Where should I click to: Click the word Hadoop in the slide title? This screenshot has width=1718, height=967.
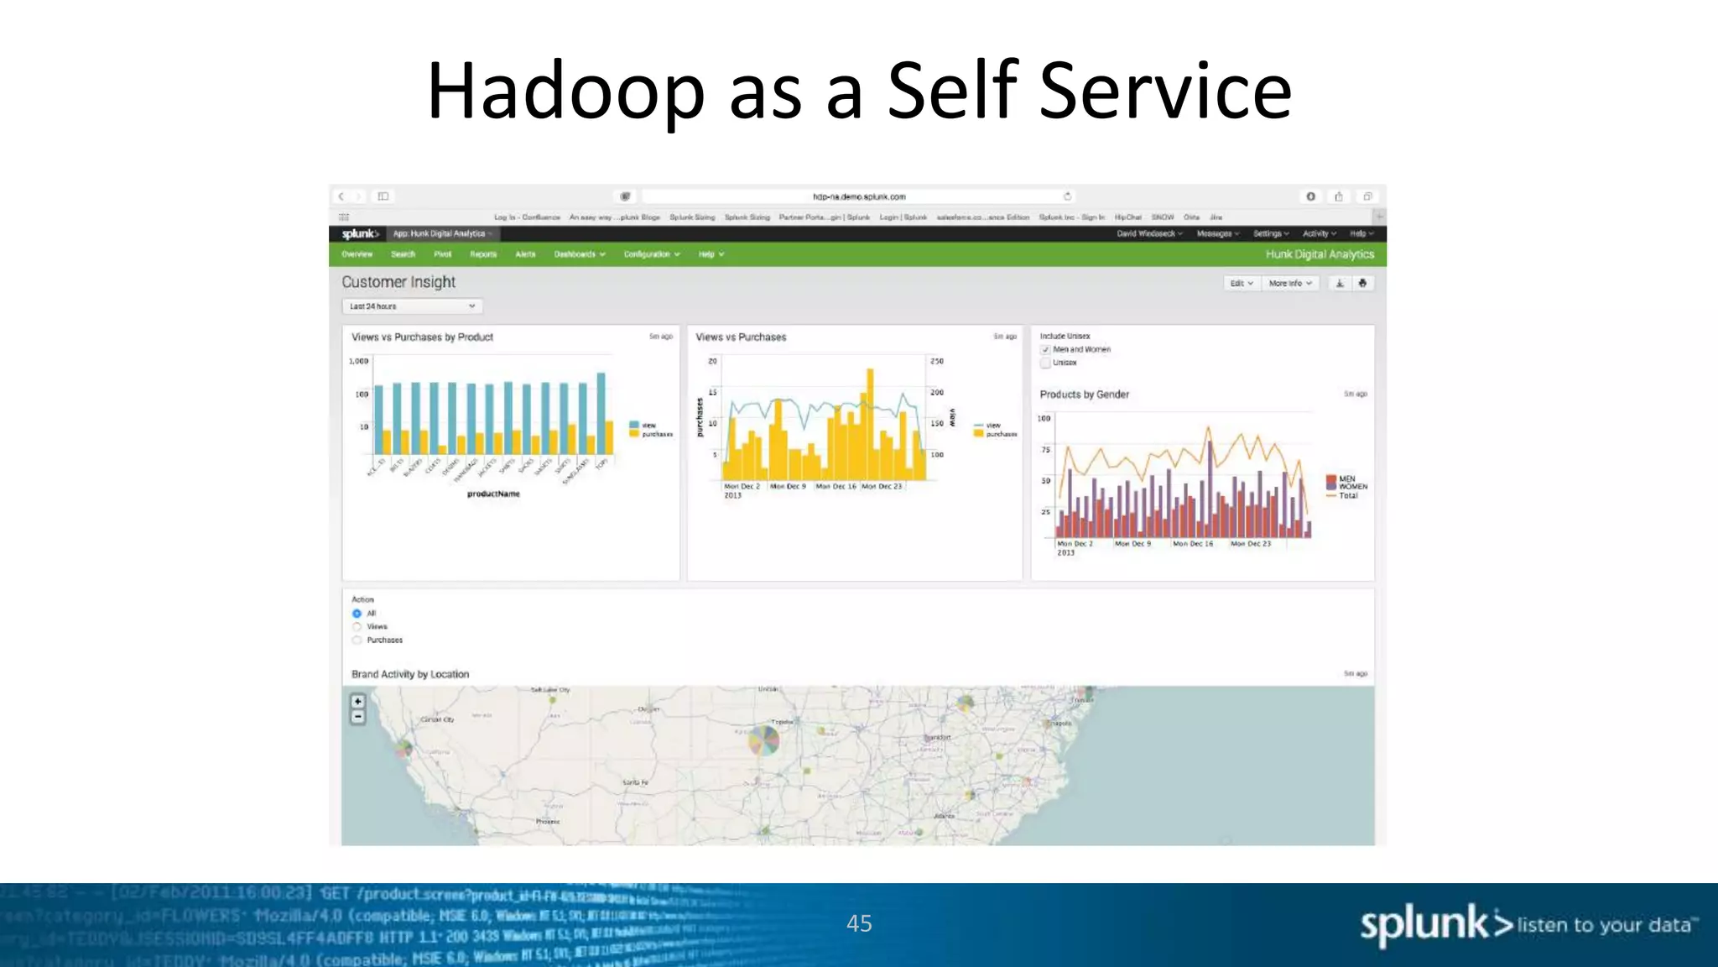point(565,91)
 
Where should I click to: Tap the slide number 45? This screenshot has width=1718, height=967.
point(859,923)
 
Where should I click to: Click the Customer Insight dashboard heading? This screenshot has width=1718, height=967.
point(398,282)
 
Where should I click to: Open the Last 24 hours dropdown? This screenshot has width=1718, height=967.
point(412,306)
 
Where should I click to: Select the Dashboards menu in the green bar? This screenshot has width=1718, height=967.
point(579,254)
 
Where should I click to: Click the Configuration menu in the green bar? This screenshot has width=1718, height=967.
point(651,254)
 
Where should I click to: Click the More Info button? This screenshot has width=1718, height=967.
point(1289,284)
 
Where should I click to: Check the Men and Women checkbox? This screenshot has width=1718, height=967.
point(1045,350)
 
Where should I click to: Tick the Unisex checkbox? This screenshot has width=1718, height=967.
point(1045,363)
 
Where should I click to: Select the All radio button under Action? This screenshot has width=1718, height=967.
point(357,614)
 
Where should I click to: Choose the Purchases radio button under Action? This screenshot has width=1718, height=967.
point(357,640)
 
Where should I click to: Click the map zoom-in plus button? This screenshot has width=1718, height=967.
point(358,702)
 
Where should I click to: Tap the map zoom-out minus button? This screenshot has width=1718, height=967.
point(358,717)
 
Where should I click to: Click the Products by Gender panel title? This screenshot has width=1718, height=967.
point(1084,395)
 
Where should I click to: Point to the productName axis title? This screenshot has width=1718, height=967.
point(493,494)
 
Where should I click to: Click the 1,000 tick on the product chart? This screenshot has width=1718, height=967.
point(358,361)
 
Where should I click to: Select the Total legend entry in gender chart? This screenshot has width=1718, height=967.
point(1347,496)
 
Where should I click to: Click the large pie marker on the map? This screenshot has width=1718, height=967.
point(763,740)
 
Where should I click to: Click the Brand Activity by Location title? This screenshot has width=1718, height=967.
point(409,674)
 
